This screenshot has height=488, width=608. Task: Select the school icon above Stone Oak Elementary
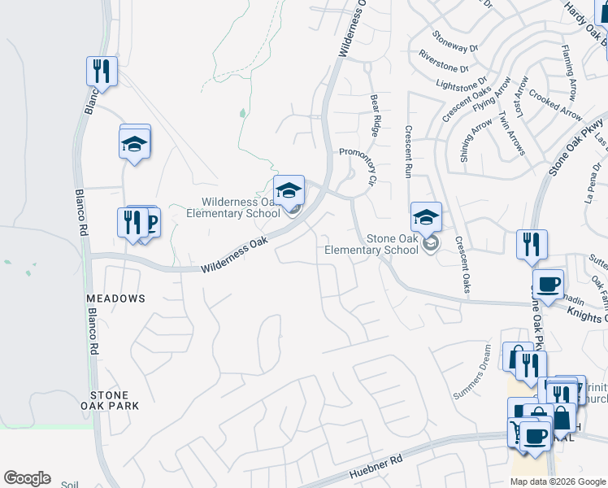point(426,217)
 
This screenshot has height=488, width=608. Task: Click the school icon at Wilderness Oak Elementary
point(289,190)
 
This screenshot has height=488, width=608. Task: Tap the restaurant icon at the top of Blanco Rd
point(102,71)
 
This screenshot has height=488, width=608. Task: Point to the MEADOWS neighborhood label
point(116,298)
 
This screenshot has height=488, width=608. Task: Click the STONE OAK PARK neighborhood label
point(115,399)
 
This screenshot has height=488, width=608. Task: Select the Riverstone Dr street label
point(443,61)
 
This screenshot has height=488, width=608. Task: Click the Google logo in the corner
point(27,478)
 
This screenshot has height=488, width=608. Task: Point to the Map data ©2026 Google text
point(558,481)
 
